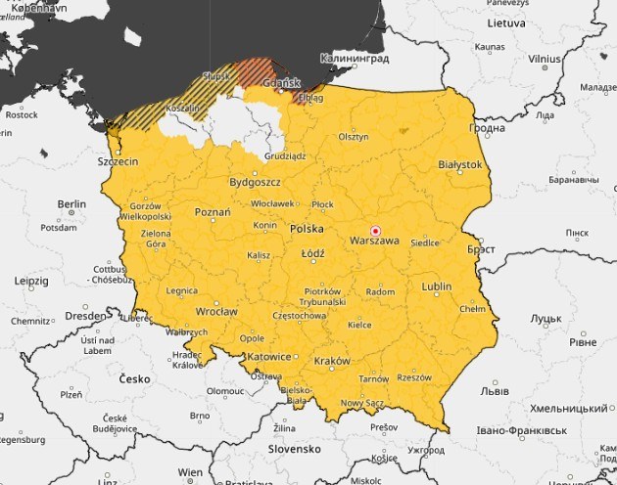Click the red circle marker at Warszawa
click(x=375, y=231)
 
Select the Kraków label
click(x=333, y=361)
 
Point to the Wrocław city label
click(x=215, y=312)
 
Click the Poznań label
click(x=213, y=211)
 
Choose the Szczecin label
click(x=117, y=161)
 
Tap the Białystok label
click(x=460, y=165)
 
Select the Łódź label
click(x=312, y=252)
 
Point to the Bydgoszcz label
click(x=255, y=182)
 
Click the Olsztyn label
click(x=354, y=137)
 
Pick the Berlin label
click(x=71, y=204)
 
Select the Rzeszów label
click(x=414, y=376)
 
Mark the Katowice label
click(x=268, y=357)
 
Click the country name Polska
click(x=307, y=229)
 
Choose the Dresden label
click(x=86, y=316)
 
